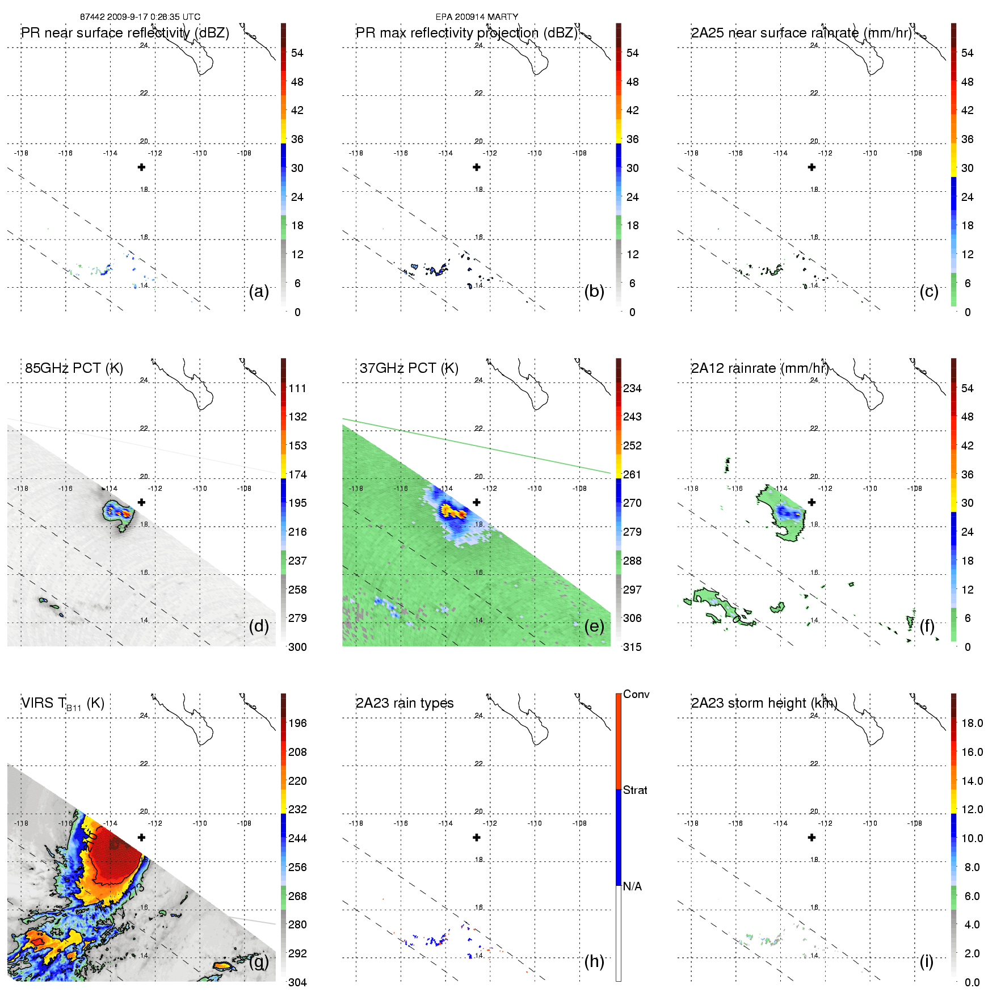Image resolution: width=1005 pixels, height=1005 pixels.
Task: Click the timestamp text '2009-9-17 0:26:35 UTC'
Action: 153,17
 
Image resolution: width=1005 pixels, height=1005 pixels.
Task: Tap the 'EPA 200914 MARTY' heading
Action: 477,17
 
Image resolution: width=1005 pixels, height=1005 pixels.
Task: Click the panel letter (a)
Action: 259,291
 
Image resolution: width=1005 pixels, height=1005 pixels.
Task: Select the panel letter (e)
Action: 594,626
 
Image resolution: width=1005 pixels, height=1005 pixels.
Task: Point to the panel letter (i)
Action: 926,961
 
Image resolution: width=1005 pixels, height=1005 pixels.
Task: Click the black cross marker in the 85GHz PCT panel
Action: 141,502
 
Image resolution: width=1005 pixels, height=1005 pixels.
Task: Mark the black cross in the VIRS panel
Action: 141,837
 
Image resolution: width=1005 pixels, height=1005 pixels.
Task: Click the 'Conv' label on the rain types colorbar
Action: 636,695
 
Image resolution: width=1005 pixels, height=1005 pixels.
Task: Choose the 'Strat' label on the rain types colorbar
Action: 635,790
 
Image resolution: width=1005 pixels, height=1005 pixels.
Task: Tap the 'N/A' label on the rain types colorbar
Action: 632,886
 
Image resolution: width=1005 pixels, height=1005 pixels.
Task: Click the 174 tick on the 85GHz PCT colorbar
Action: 297,474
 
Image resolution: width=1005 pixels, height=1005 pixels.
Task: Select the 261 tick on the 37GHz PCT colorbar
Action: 632,474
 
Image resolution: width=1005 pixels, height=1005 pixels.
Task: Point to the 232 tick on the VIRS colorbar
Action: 297,809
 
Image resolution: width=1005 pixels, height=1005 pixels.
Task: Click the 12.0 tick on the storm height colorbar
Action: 972,809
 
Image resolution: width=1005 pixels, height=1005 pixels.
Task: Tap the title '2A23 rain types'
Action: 405,703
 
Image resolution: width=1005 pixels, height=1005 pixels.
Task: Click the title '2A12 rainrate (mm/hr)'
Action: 760,368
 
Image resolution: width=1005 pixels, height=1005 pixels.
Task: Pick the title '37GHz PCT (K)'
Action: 409,368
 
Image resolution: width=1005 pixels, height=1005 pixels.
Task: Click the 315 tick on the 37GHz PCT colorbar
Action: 632,647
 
